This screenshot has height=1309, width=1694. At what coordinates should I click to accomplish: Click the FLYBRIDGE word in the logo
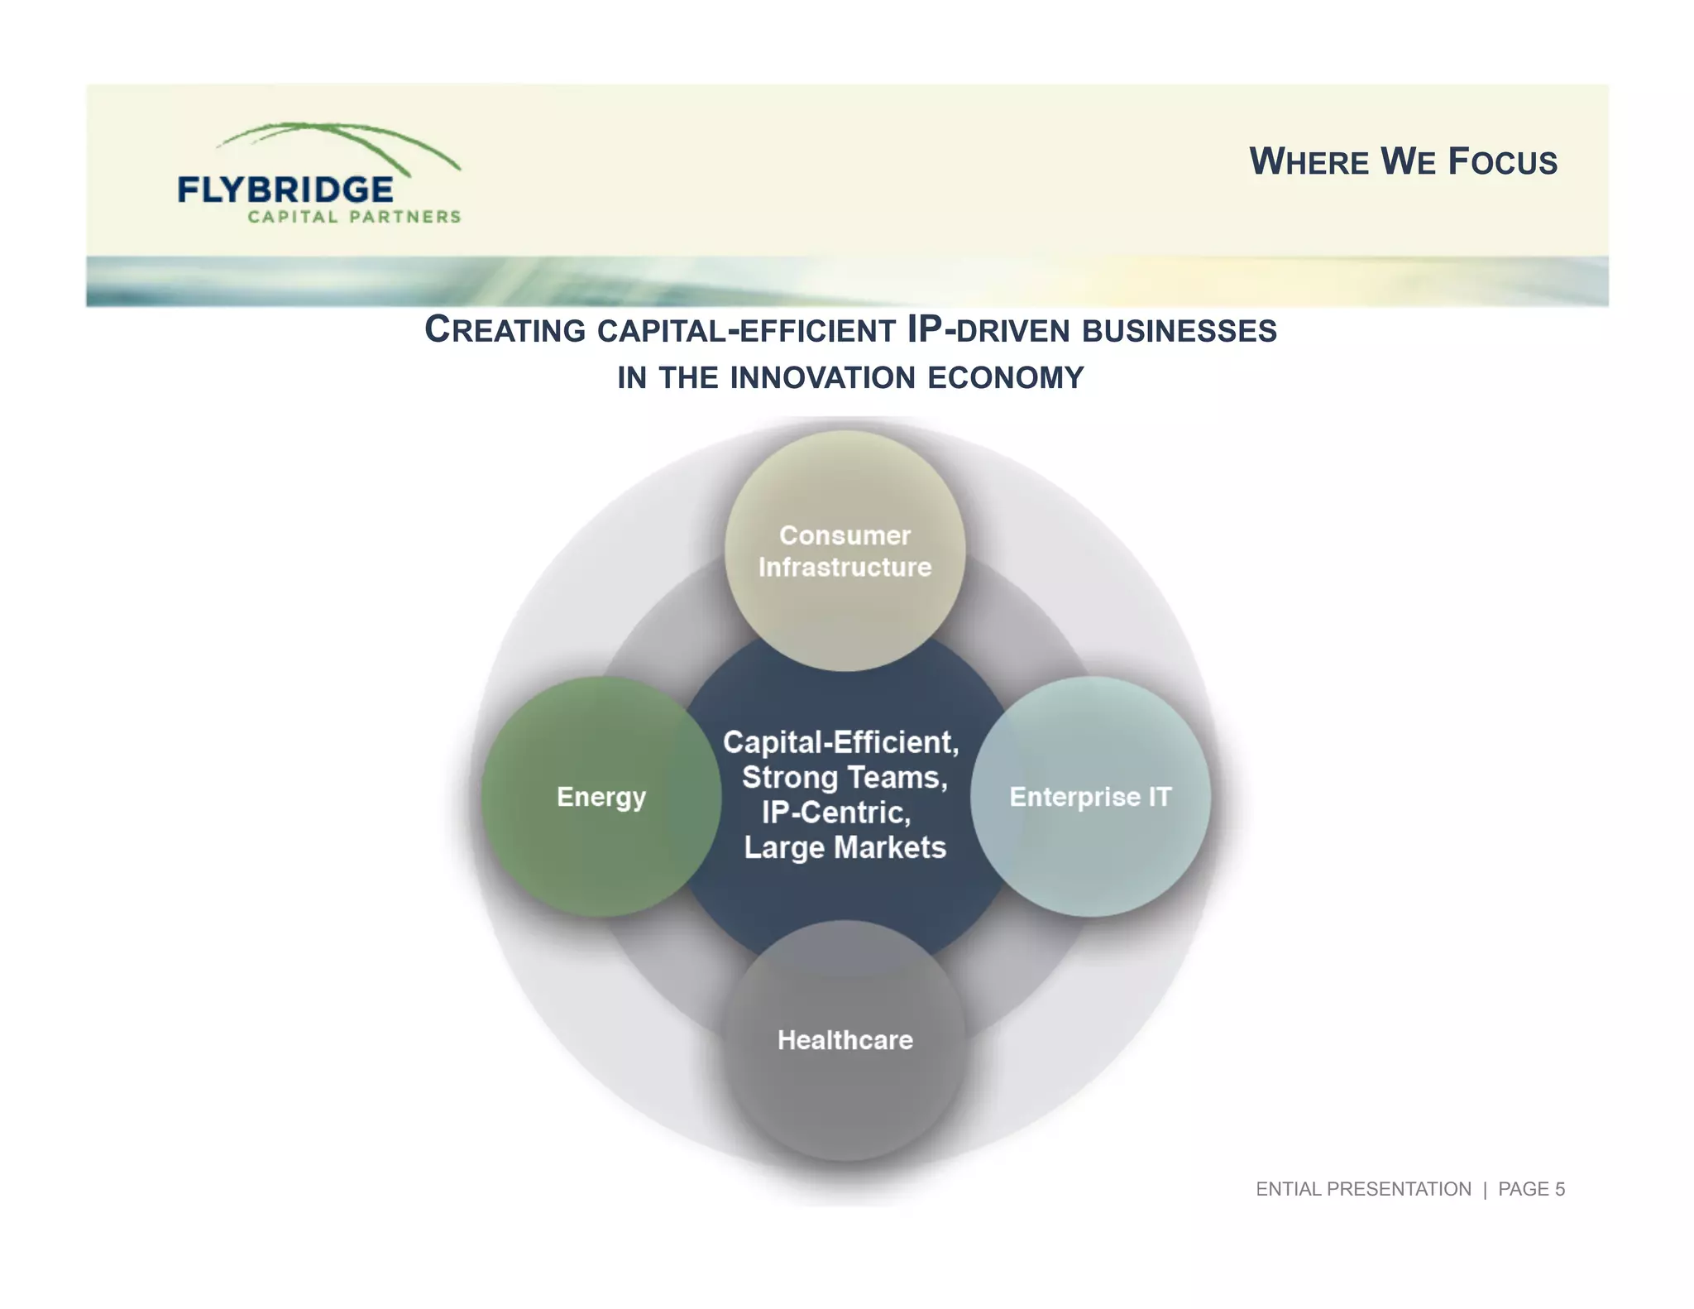tap(285, 190)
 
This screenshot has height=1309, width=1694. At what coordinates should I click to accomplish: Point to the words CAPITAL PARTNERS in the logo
tap(354, 217)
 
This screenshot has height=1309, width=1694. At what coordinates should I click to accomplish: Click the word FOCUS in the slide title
tap(1502, 161)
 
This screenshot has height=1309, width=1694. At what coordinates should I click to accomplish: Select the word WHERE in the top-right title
tap(1309, 161)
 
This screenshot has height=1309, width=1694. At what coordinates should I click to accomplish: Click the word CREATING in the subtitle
tap(505, 330)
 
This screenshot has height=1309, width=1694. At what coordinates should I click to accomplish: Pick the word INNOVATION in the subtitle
tap(823, 378)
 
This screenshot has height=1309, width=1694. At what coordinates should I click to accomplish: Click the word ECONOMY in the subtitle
tap(1005, 378)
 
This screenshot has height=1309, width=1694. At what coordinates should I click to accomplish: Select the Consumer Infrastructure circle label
tap(845, 551)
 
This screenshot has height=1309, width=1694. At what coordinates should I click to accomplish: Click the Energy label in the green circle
tap(601, 797)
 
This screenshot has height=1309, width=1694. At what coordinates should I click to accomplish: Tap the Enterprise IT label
tap(1090, 797)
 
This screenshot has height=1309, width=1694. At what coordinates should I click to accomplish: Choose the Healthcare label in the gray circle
tap(845, 1040)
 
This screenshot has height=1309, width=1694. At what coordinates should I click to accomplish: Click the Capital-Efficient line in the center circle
tap(840, 742)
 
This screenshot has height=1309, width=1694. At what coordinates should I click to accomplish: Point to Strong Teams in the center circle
tap(844, 778)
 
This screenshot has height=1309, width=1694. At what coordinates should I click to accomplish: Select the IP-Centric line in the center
tap(836, 813)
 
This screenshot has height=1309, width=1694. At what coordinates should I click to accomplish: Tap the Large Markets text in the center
tap(845, 847)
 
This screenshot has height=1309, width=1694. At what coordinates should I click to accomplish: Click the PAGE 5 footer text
tap(1531, 1189)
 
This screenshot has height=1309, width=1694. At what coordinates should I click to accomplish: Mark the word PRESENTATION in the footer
tap(1399, 1189)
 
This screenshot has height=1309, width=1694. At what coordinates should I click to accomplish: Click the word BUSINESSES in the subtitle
tap(1179, 330)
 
